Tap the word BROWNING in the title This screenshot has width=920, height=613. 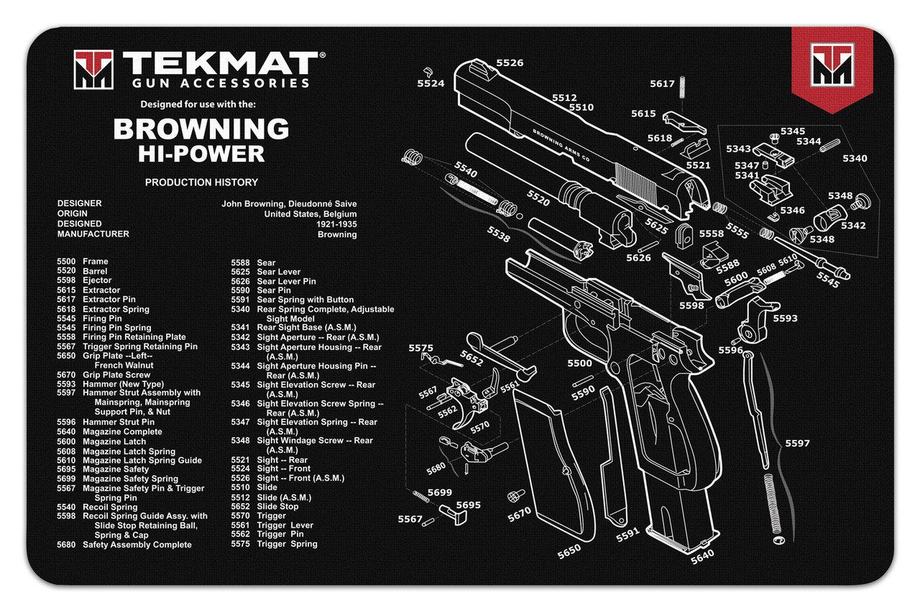(201, 129)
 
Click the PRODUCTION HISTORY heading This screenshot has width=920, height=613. (201, 183)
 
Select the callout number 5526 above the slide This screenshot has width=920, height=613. (510, 63)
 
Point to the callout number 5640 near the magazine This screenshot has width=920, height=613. (702, 556)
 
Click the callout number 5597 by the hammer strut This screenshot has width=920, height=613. (796, 443)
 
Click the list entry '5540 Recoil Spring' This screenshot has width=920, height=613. (97, 507)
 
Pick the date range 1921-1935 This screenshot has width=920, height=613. (336, 224)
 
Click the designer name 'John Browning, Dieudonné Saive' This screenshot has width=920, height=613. (289, 204)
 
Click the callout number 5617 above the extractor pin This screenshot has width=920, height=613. (662, 84)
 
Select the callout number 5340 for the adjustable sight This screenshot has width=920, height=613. (855, 158)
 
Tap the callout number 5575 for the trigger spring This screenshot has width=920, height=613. (420, 349)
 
